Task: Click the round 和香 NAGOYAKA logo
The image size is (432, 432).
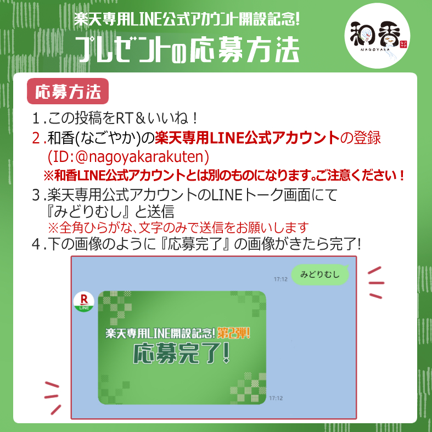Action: pyautogui.click(x=377, y=36)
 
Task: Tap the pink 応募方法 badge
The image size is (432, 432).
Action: pyautogui.click(x=68, y=91)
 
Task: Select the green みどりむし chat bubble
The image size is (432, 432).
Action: pyautogui.click(x=320, y=274)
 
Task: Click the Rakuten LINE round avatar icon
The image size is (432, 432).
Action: pyautogui.click(x=84, y=302)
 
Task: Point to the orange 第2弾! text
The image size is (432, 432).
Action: pyautogui.click(x=233, y=333)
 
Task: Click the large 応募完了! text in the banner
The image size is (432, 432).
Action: pyautogui.click(x=181, y=354)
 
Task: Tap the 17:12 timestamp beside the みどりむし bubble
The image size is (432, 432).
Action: pyautogui.click(x=280, y=279)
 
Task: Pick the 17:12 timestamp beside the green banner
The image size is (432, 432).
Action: pyautogui.click(x=276, y=398)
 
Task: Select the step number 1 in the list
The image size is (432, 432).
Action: pyautogui.click(x=36, y=119)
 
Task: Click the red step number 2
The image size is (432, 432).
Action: pyautogui.click(x=36, y=138)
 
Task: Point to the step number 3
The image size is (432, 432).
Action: pyautogui.click(x=36, y=195)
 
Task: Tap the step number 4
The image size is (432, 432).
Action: pyautogui.click(x=36, y=244)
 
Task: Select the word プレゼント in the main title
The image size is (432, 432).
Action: pyautogui.click(x=122, y=49)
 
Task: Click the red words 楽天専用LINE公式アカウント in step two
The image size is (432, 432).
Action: pyautogui.click(x=247, y=138)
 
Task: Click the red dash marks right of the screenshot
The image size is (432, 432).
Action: pyautogui.click(x=376, y=283)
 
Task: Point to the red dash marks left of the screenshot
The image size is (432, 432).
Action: pyautogui.click(x=52, y=398)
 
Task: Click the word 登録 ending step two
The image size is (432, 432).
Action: pyautogui.click(x=367, y=138)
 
